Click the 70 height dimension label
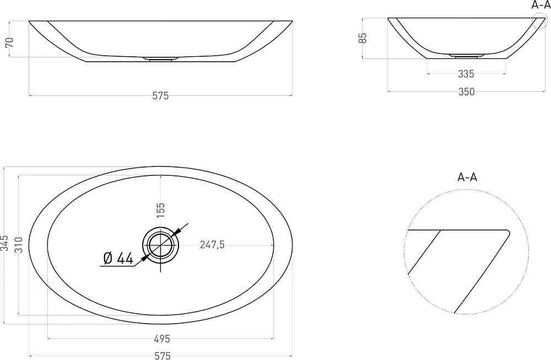point(10,42)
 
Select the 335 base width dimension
point(466,74)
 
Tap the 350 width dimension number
point(466,92)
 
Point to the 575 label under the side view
point(160,95)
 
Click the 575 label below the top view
point(163,356)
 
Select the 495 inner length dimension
point(162,339)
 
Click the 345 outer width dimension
point(4,244)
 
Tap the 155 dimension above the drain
point(160,210)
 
